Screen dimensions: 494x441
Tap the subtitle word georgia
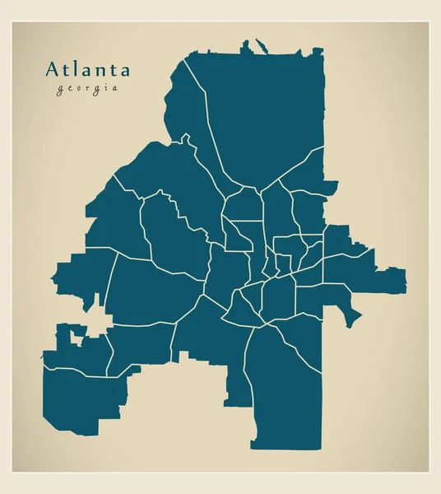pos(87,89)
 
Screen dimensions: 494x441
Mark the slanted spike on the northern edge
pos(262,46)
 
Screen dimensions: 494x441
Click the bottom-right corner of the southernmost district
pos(321,447)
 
